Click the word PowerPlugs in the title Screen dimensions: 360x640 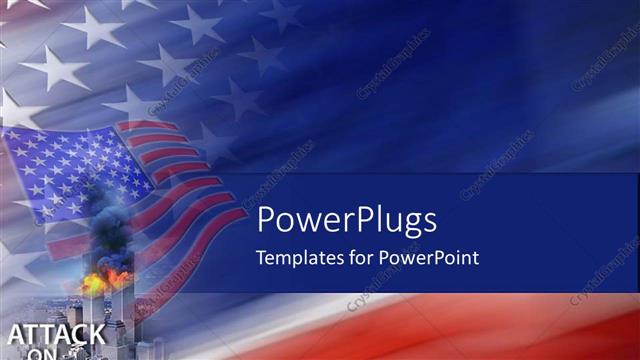coord(347,221)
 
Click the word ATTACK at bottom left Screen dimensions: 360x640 coord(55,334)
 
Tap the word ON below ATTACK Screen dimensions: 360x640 coord(42,353)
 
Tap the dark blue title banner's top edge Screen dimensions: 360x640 coord(440,175)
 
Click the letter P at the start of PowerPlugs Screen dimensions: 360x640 coord(265,220)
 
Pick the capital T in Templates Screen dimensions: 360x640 coord(261,257)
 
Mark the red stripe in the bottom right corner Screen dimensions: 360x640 coord(600,335)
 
